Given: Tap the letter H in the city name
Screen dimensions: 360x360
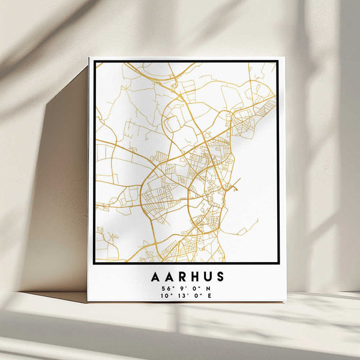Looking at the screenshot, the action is (193, 277).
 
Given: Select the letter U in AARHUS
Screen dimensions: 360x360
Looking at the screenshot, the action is (206, 277).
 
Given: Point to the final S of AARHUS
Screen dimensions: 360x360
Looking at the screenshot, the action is (220, 277).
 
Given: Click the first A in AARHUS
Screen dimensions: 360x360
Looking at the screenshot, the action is (155, 277).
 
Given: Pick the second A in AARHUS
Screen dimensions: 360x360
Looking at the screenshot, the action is (167, 277).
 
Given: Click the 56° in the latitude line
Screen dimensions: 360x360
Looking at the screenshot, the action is (165, 288).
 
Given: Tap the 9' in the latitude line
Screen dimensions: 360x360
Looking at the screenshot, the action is (179, 288).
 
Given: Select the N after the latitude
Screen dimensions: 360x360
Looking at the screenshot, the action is (208, 288).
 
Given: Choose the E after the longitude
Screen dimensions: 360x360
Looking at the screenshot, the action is (209, 295).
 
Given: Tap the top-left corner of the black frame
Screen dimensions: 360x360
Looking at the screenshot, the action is (95, 61).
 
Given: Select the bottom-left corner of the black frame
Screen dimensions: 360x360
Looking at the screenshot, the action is (94, 263).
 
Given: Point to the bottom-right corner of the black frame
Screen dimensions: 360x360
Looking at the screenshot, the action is (278, 263).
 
